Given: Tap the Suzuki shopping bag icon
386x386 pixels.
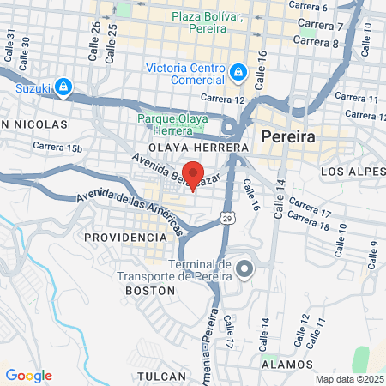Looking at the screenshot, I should coord(63,86).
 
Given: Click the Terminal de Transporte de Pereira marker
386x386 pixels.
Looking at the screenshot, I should coord(244,271).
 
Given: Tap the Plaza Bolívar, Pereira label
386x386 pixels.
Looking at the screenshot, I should coord(207,23).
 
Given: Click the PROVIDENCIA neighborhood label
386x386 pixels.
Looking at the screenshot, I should coord(121,235).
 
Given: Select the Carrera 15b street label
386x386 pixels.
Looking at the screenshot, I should coord(57,147).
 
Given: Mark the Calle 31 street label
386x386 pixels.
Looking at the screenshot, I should coord(10,46).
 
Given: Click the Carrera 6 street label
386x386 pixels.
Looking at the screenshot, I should coord(308,6).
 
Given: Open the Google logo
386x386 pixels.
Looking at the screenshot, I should coord(29,376).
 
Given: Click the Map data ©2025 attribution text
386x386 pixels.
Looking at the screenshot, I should coord(348,379).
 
